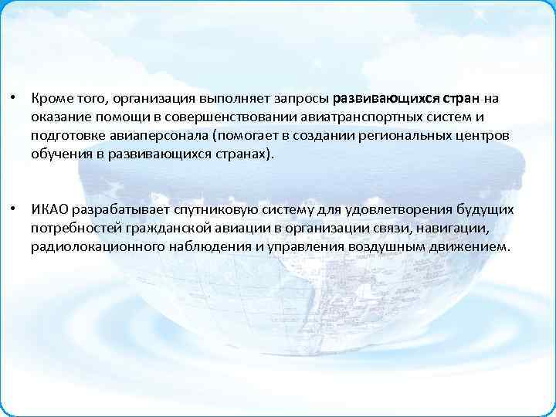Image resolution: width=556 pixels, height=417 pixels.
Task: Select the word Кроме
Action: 51,99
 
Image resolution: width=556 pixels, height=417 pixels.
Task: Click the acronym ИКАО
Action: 50,210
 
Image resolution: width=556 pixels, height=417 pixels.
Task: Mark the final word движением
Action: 474,246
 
